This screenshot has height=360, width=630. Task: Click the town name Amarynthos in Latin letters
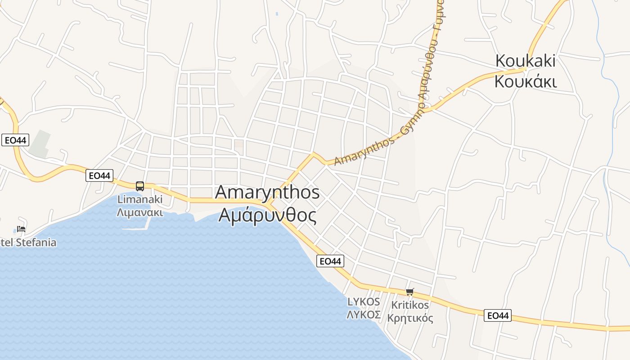pos(267,192)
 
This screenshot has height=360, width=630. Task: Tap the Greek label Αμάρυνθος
pos(267,215)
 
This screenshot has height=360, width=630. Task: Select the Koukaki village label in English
pos(525,61)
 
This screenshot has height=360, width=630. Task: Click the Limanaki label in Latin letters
pos(140,199)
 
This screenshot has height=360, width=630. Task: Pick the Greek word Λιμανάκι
pos(140,212)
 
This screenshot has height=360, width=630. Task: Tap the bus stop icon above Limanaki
pos(140,186)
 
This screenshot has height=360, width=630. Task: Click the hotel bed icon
pos(21,229)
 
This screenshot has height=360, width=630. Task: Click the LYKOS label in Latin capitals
pos(364,301)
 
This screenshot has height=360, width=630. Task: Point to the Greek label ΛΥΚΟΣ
pos(364,315)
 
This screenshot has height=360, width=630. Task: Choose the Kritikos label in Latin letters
pos(410,305)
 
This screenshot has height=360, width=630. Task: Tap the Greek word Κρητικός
pos(410,318)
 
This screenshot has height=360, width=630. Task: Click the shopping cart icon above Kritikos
pos(409,292)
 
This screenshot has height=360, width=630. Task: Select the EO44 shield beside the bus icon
pos(99,175)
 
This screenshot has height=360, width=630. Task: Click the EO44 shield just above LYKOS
pos(330,261)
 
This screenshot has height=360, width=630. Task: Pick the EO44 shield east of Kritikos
pos(497,315)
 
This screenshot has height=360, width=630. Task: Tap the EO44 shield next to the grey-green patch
pos(15,140)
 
